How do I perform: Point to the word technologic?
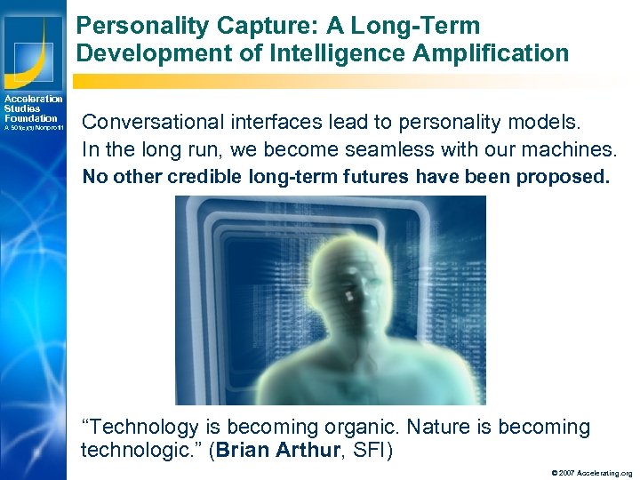click(x=130, y=450)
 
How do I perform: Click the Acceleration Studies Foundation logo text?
click(x=32, y=108)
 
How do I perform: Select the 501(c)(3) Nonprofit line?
click(x=32, y=128)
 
